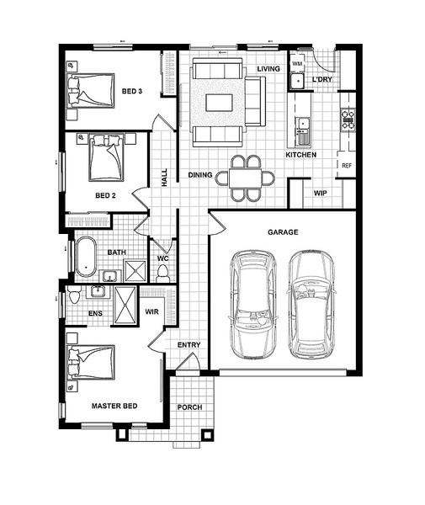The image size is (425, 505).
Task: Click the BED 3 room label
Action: (x=132, y=91)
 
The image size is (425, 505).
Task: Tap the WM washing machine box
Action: (x=297, y=64)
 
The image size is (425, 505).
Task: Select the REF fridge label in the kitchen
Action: (x=347, y=166)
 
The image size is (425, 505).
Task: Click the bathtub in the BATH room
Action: (x=85, y=257)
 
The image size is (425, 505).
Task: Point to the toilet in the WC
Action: (x=163, y=274)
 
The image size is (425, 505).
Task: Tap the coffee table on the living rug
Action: (x=220, y=103)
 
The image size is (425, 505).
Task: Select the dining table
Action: (x=245, y=178)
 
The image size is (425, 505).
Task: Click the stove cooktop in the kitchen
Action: (x=348, y=120)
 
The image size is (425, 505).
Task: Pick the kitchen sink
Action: (x=303, y=130)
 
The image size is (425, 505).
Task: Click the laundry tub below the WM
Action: (x=297, y=81)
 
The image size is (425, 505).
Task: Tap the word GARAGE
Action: (x=283, y=232)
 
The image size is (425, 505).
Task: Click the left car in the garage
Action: (x=253, y=305)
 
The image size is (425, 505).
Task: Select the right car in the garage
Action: (x=311, y=305)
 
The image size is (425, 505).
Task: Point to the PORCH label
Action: (x=189, y=407)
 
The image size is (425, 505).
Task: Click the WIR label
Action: (x=151, y=311)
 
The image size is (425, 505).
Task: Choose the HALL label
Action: (x=164, y=178)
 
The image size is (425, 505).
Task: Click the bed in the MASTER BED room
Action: (x=91, y=362)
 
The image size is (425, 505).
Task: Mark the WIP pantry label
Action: (x=321, y=194)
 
